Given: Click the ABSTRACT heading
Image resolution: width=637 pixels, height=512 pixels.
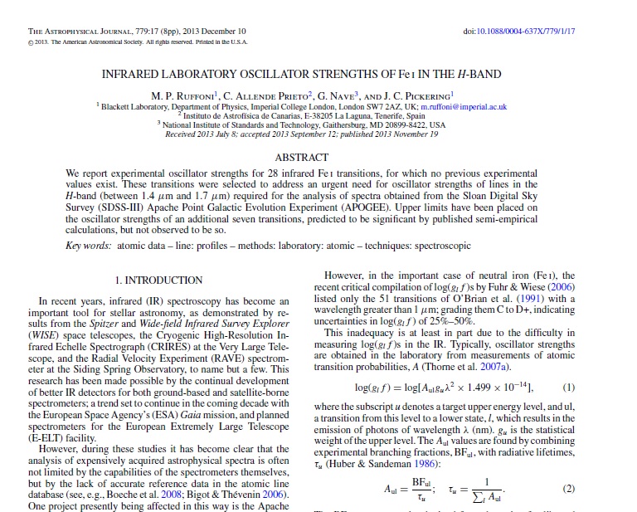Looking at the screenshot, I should click(301, 157).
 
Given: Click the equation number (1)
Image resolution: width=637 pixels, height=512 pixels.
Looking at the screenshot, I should click(568, 388).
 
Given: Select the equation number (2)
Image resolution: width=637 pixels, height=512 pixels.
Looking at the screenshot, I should click(568, 489).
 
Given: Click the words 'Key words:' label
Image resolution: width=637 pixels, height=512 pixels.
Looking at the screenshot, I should click(88, 246).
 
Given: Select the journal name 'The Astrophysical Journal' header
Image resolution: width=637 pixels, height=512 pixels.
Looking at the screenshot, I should click(81, 31).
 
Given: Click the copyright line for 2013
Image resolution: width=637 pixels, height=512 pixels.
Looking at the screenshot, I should click(137, 41).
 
